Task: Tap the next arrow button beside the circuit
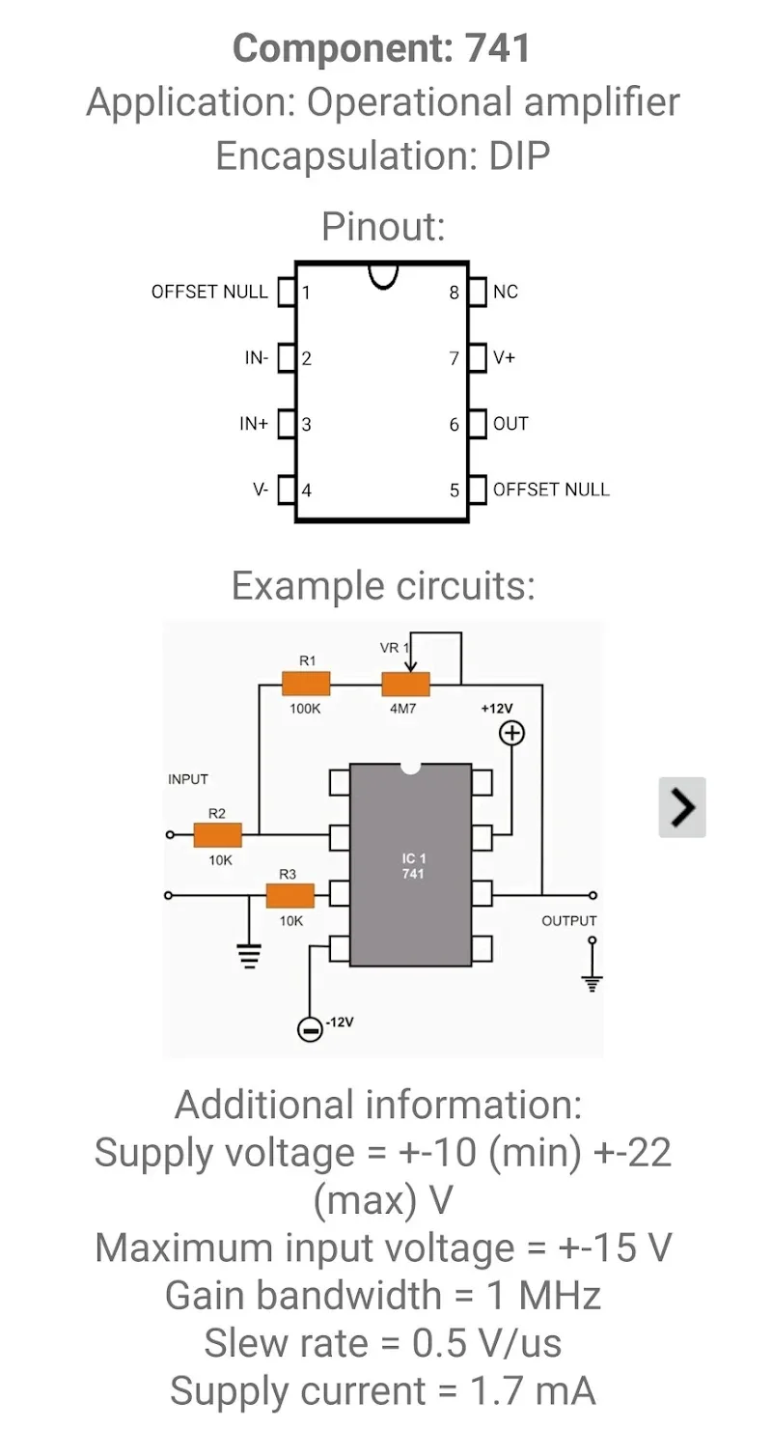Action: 682,806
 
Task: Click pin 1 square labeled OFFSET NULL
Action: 286,292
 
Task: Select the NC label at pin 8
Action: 506,292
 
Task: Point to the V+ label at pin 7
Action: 505,358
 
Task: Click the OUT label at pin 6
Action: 510,424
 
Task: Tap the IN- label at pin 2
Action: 257,358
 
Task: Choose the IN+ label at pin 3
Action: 255,424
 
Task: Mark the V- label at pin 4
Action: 261,490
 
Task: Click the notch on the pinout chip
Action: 383,276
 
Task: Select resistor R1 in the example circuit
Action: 306,685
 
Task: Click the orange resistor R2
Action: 217,834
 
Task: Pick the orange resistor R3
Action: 289,896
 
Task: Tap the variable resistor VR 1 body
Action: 406,685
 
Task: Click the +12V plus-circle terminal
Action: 511,734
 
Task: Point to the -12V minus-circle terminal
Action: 310,1029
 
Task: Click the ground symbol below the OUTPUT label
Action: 593,981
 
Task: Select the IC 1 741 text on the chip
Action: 412,865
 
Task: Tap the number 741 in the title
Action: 493,48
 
